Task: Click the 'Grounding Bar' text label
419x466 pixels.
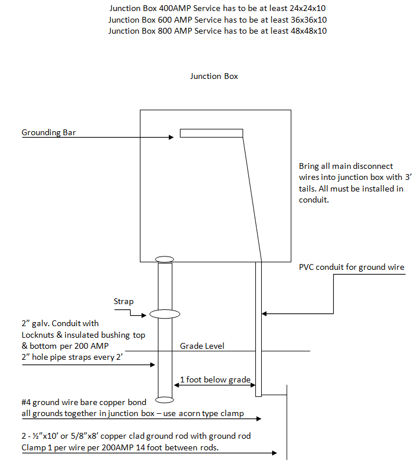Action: point(48,132)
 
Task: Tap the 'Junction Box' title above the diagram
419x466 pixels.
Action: point(214,77)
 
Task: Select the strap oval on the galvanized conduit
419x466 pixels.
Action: point(165,314)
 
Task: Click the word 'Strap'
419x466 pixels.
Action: point(124,302)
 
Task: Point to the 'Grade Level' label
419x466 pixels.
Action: point(202,346)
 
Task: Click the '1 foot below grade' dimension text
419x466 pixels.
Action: point(215,380)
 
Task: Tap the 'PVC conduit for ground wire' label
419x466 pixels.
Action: point(352,267)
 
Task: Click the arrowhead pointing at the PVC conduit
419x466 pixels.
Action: point(264,313)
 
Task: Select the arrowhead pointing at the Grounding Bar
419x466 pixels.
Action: point(171,137)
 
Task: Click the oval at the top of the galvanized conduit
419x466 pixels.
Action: point(164,259)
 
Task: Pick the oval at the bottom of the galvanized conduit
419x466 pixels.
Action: point(164,400)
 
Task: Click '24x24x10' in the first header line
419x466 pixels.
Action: point(308,8)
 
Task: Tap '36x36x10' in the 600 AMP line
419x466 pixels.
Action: point(309,20)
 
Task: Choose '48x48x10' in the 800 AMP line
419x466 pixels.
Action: point(309,31)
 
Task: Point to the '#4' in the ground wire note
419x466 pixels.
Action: point(26,402)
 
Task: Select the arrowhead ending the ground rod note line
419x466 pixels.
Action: point(274,453)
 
